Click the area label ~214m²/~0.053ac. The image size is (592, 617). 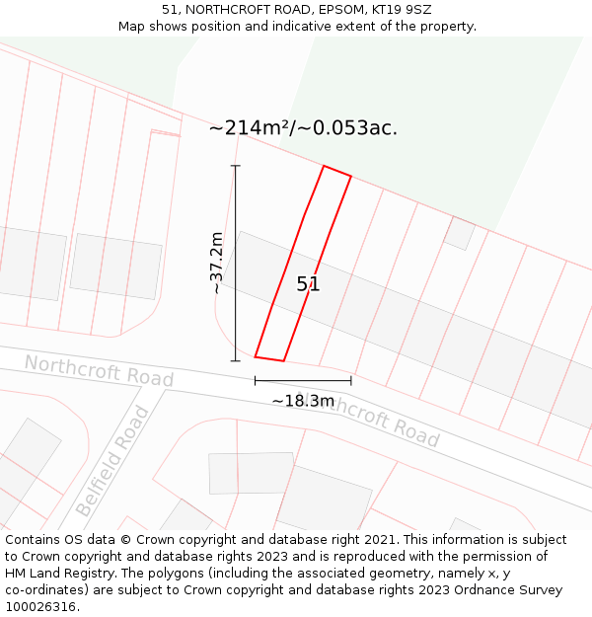tap(303, 127)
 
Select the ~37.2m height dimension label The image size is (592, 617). tap(217, 263)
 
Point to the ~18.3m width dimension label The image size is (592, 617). tap(303, 401)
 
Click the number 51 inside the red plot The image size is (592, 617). tap(308, 284)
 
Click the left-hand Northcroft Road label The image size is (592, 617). tap(99, 371)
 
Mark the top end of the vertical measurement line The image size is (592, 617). tap(236, 166)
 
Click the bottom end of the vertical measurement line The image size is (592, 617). tap(236, 360)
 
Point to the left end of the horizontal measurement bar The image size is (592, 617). tap(256, 380)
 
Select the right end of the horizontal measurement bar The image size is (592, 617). tap(351, 380)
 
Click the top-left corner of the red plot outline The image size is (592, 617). tap(324, 167)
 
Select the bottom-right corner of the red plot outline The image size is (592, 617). tap(284, 360)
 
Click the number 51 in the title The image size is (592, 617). tap(171, 10)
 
